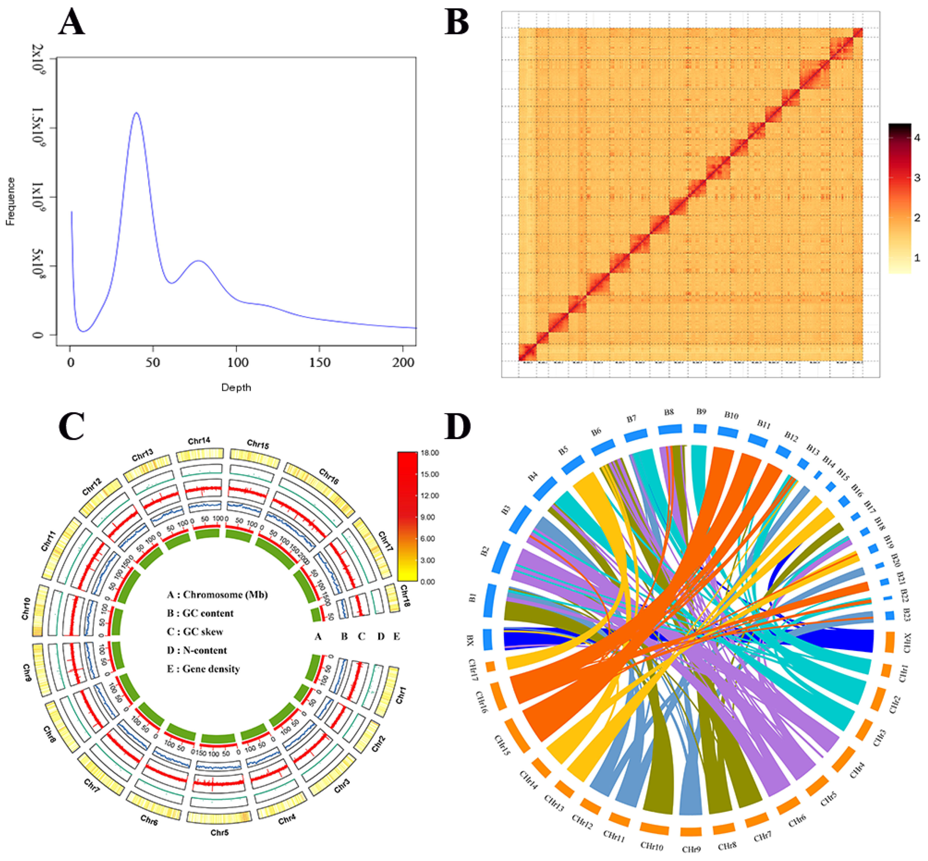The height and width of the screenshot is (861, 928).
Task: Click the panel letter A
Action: point(71,22)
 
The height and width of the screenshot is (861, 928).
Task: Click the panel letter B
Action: point(456,22)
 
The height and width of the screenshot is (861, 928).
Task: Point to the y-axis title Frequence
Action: point(10,201)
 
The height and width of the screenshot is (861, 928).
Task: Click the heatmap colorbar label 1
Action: point(917,258)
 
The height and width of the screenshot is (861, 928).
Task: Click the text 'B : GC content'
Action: point(200,613)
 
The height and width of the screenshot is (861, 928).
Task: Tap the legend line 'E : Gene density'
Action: point(204,669)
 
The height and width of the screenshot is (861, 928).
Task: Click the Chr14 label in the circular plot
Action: point(199,441)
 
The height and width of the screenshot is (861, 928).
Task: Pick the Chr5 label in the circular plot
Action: point(219,833)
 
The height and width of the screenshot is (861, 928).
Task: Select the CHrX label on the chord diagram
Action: point(906,643)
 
